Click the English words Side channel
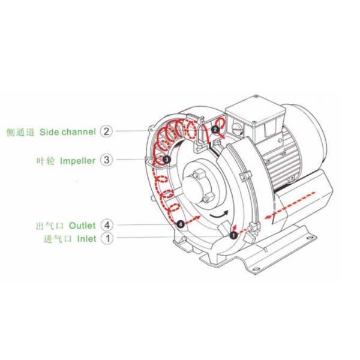point(67,131)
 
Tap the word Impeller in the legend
point(77,161)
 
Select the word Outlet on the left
point(82,226)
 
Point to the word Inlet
point(85,239)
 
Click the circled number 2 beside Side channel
point(106,131)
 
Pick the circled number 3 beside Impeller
point(106,160)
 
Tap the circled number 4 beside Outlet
point(106,226)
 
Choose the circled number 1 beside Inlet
point(106,239)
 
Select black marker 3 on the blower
point(166,159)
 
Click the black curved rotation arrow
point(217,215)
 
